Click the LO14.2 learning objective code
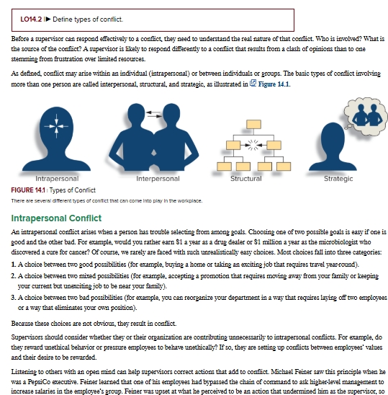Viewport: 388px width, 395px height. click(31, 19)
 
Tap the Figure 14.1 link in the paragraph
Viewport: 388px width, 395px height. click(274, 84)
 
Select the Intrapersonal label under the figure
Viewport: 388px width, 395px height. click(57, 179)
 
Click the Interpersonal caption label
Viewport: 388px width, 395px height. click(158, 179)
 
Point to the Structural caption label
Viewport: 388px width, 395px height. click(246, 179)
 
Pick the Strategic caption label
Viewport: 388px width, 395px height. click(338, 179)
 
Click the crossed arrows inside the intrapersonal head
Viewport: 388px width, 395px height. click(56, 126)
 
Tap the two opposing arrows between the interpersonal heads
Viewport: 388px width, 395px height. click(154, 114)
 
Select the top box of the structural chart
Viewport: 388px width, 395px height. click(253, 125)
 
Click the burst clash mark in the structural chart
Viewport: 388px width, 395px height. click(253, 145)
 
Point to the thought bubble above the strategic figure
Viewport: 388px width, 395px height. click(366, 115)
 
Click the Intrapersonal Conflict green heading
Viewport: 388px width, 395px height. click(56, 218)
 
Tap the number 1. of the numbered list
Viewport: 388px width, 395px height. click(14, 265)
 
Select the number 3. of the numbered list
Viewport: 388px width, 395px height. click(14, 298)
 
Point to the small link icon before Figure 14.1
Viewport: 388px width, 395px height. click(253, 83)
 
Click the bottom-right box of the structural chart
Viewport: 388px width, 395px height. click(284, 167)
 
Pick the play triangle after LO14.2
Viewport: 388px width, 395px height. click(48, 19)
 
